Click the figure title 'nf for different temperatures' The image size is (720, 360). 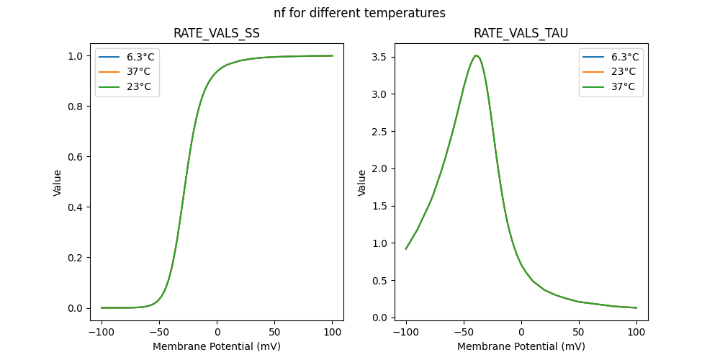(x=359, y=13)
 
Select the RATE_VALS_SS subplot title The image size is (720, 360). (x=217, y=34)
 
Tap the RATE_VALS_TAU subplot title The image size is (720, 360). (x=521, y=34)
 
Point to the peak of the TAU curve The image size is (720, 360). (x=476, y=55)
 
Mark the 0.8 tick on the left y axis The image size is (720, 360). (x=84, y=107)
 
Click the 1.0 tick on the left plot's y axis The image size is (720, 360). (x=84, y=56)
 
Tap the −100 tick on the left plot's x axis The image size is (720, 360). (x=102, y=332)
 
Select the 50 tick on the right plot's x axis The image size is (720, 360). (x=579, y=332)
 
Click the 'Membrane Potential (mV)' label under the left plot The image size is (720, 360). (x=217, y=346)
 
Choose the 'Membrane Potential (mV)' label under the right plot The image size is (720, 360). (x=521, y=346)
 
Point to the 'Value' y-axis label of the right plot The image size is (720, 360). (x=362, y=182)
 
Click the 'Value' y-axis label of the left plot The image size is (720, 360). (x=58, y=182)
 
